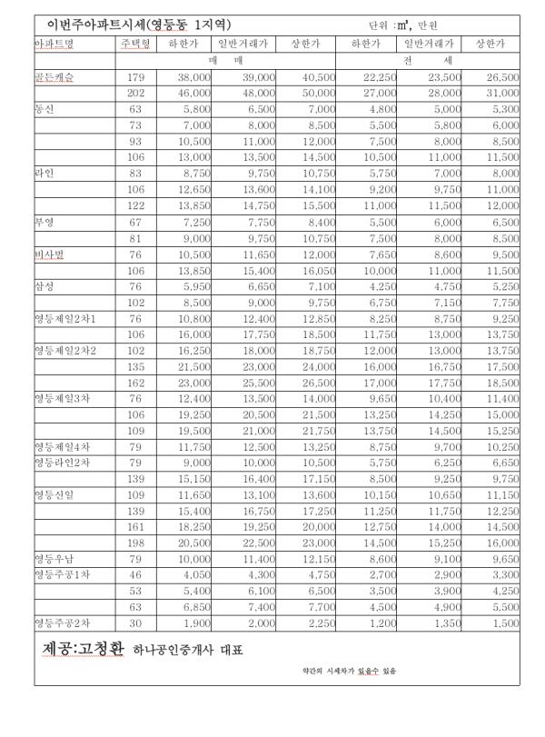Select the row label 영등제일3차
pyautogui.click(x=62, y=398)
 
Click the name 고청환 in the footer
pyautogui.click(x=102, y=650)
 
